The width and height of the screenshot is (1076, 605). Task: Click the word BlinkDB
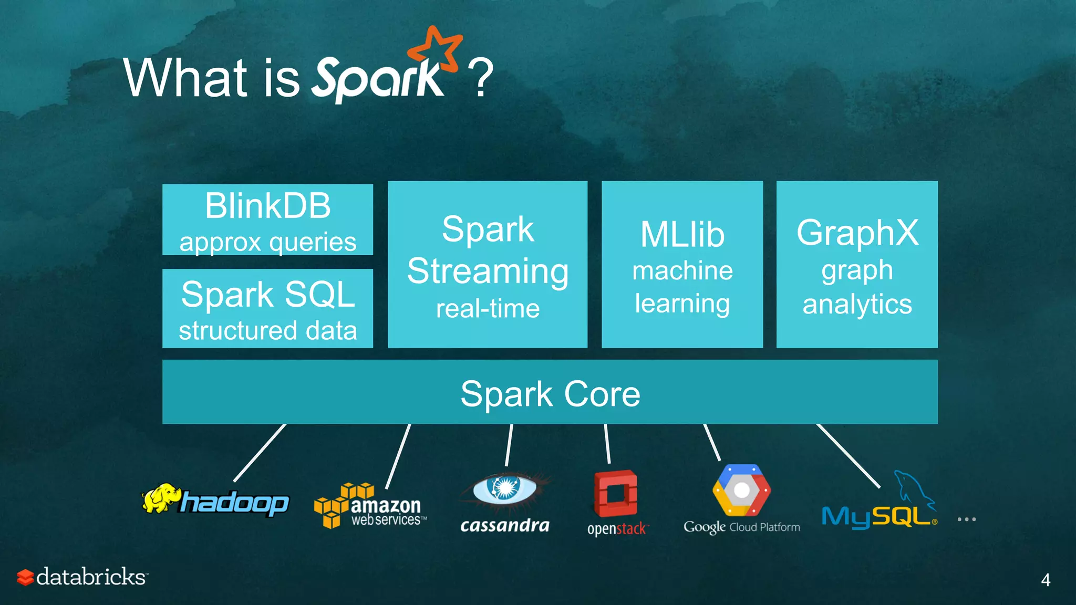click(267, 205)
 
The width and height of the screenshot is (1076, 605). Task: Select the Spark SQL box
click(267, 308)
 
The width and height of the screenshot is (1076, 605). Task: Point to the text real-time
click(488, 308)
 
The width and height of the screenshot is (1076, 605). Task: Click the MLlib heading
click(682, 234)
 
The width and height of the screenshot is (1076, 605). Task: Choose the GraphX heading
click(857, 232)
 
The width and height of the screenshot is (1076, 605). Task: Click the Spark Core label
click(550, 394)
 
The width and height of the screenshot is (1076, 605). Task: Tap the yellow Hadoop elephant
click(160, 498)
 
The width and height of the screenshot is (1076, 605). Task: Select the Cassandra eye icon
click(504, 488)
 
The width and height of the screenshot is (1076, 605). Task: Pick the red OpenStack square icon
click(615, 494)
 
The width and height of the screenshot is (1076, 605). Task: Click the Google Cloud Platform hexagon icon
click(741, 491)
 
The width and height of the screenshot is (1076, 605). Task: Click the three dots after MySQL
click(966, 519)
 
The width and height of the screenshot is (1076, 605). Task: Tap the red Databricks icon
click(25, 577)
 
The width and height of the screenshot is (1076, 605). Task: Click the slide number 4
click(1046, 580)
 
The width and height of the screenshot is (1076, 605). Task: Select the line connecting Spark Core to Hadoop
click(260, 453)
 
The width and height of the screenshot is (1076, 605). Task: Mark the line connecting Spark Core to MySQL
click(848, 455)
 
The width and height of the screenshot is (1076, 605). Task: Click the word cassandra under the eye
click(504, 526)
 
